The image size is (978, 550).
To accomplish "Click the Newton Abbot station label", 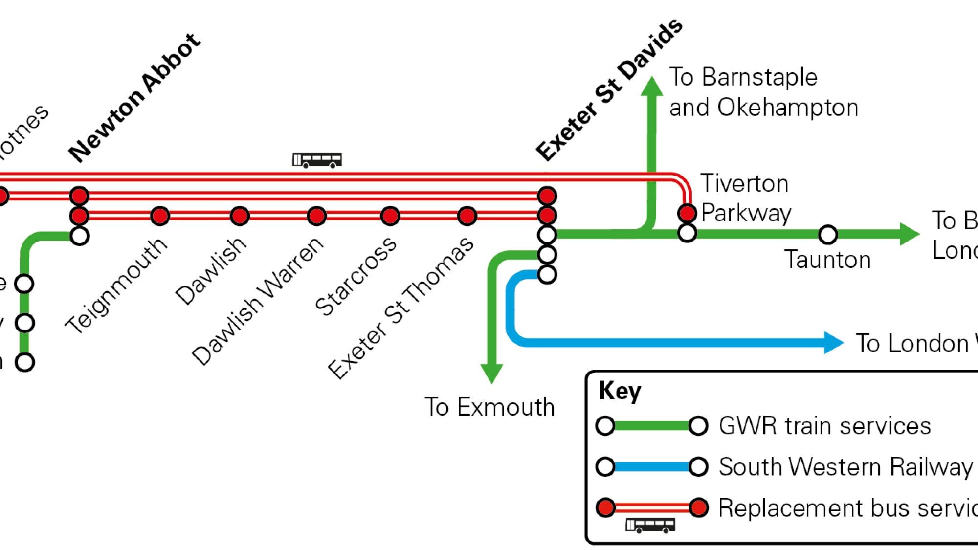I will [x=134, y=98].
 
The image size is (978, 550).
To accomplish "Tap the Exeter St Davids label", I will [x=609, y=90].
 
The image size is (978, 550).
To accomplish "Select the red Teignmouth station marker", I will [x=160, y=216].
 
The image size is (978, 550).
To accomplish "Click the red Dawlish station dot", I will [x=240, y=216].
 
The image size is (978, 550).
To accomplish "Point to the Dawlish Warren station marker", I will [x=316, y=216].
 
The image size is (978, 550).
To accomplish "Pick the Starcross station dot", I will [x=390, y=216].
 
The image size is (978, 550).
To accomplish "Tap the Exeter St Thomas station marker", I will [x=467, y=216].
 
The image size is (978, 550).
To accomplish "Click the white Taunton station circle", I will [x=827, y=235].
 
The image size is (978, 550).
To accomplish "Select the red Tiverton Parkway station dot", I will [x=687, y=213].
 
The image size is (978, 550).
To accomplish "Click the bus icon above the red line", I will [x=317, y=160].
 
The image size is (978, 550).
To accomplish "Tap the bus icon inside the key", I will [x=650, y=526].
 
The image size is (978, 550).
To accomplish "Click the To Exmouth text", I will [x=489, y=407].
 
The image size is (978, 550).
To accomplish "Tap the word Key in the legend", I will [x=620, y=392].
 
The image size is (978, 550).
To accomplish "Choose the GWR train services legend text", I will [x=824, y=425].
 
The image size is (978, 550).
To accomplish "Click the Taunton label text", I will [x=827, y=259].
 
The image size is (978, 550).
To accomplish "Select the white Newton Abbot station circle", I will [x=79, y=236].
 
